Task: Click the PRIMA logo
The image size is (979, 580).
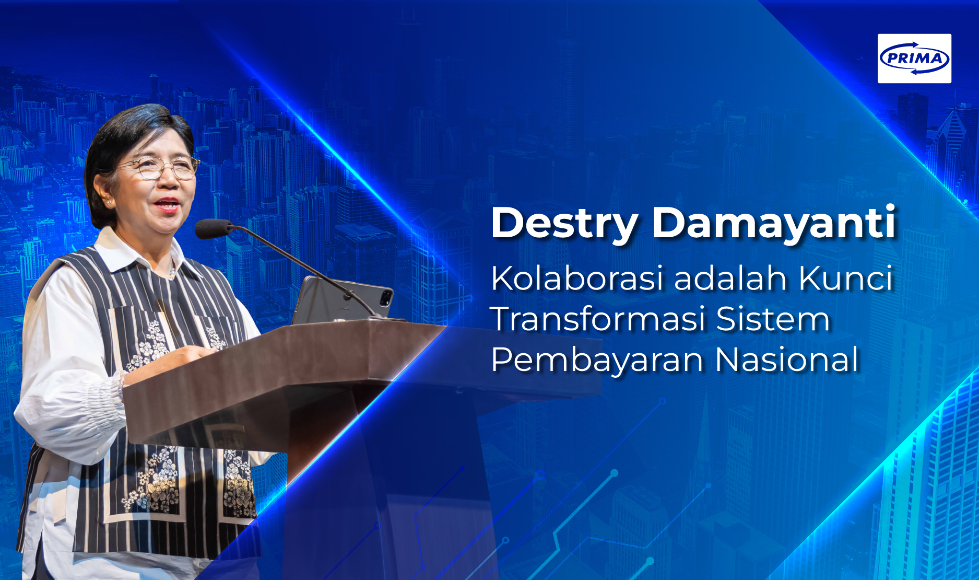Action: [x=914, y=59]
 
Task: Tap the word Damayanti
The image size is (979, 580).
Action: [x=774, y=224]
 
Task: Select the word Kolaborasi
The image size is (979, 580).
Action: [x=577, y=278]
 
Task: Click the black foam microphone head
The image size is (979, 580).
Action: [x=213, y=228]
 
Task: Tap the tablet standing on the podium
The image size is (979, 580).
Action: [x=342, y=300]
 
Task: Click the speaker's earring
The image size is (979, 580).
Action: [x=109, y=202]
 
